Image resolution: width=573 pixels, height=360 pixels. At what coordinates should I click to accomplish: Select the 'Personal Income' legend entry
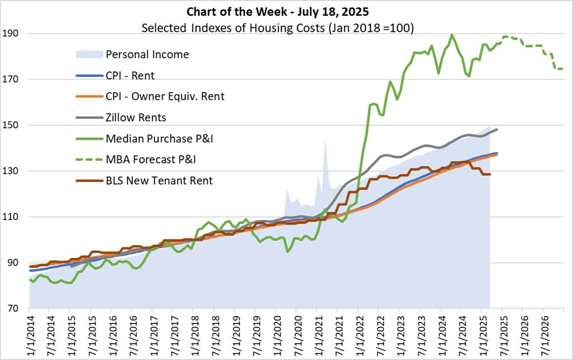[x=147, y=54]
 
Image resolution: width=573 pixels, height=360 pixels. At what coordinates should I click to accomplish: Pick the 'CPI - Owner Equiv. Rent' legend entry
[x=165, y=96]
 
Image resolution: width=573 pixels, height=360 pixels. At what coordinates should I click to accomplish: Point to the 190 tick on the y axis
[x=12, y=33]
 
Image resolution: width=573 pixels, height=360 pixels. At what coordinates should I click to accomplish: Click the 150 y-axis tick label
[x=12, y=125]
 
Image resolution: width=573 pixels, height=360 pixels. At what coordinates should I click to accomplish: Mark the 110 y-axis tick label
[x=12, y=217]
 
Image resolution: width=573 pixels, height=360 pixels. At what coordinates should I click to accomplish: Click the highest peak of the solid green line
[x=451, y=35]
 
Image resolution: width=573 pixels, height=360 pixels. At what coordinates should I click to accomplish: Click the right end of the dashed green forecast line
[x=561, y=69]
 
